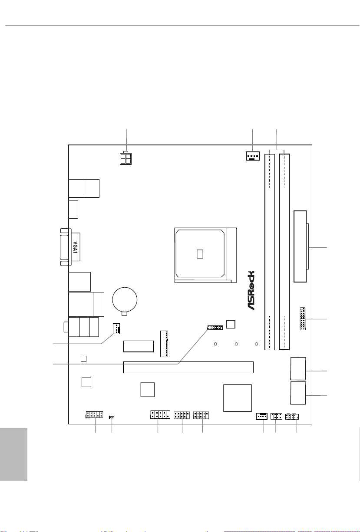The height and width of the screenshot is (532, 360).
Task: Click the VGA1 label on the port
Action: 75,247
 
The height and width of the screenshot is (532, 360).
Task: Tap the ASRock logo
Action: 251,290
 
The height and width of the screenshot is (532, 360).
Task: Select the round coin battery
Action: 125,299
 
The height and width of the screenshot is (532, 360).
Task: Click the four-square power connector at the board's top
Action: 126,158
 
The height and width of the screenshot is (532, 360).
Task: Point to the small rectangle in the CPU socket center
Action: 200,254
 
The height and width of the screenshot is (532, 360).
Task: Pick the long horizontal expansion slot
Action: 188,367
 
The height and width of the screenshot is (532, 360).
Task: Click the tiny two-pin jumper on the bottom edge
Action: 112,417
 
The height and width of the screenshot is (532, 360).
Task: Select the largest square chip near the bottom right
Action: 238,398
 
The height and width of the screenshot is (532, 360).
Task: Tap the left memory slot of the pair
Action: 270,252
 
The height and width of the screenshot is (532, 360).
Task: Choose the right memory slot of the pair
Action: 284,252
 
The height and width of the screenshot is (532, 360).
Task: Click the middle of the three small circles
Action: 236,344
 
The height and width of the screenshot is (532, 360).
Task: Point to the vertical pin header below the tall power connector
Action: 303,319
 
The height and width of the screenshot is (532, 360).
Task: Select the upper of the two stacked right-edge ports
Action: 298,368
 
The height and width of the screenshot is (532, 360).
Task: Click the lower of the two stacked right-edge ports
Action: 298,393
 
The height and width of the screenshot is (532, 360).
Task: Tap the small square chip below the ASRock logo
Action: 231,324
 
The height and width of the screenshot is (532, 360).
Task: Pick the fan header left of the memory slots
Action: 253,156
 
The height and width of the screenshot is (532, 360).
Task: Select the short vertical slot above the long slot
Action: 164,344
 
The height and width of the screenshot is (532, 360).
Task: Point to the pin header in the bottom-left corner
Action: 94,415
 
